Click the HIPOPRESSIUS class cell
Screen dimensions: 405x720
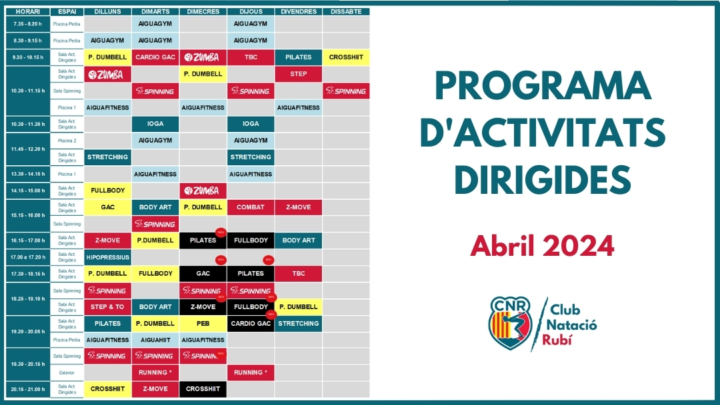(x=108, y=257)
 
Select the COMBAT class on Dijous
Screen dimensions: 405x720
(x=251, y=207)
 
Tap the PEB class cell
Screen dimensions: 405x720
(x=203, y=324)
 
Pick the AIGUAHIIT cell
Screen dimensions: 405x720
(x=155, y=340)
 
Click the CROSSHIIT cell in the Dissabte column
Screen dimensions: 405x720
(x=346, y=57)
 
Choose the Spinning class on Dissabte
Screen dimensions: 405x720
(x=346, y=91)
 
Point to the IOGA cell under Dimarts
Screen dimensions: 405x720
(x=155, y=124)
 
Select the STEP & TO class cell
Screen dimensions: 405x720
(x=108, y=307)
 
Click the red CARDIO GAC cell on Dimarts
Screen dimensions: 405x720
(x=155, y=57)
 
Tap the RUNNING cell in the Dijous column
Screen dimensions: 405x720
(x=251, y=372)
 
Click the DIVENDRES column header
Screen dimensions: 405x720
(x=298, y=11)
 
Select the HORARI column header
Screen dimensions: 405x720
(x=29, y=11)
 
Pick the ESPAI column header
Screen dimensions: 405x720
(x=67, y=11)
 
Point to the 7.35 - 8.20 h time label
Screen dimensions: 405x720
(x=29, y=24)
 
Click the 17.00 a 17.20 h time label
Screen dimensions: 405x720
(x=29, y=257)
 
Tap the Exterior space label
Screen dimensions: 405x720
(x=67, y=372)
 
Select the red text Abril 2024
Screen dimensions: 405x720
(x=542, y=246)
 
